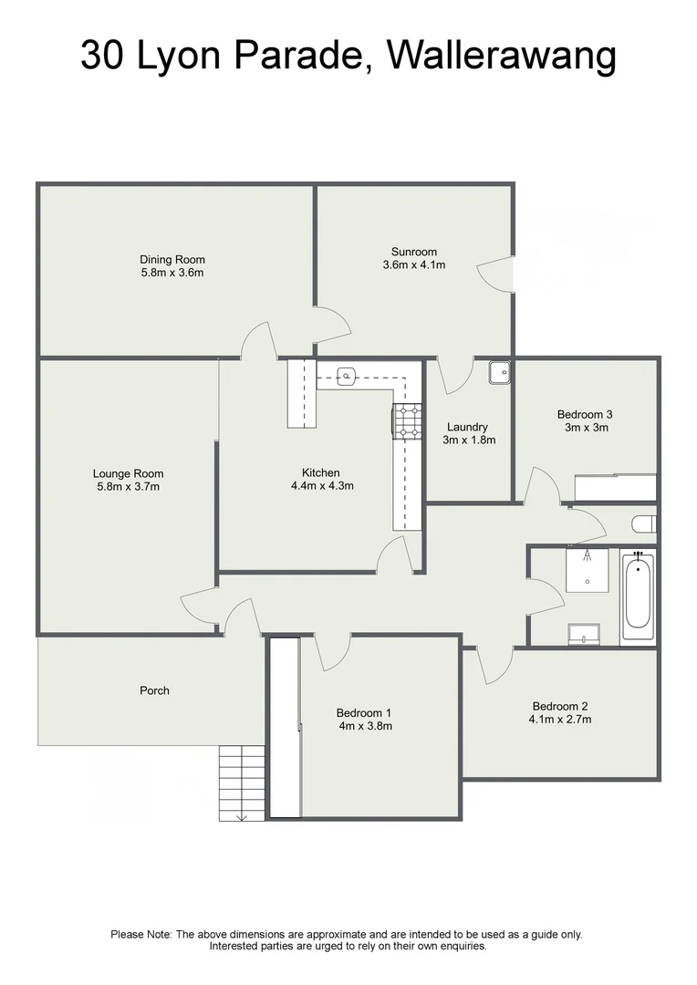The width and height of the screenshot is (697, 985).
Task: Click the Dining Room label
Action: pos(172,259)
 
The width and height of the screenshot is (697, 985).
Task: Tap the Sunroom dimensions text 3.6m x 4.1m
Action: pos(414,265)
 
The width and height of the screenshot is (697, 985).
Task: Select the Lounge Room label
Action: pos(128,473)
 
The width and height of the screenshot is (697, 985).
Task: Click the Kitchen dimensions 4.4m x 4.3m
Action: pos(321,486)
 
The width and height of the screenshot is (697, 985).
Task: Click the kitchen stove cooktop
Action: pos(408,422)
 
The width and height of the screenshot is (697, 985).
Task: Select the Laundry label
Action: pos(467,427)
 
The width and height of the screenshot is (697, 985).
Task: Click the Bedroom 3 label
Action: pos(584,414)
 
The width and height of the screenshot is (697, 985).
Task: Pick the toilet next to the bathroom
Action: pos(644,524)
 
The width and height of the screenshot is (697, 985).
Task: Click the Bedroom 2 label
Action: pos(560,706)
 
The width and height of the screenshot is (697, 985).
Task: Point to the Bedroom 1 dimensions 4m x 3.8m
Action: pos(364,727)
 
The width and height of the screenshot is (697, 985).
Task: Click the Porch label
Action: pos(154,690)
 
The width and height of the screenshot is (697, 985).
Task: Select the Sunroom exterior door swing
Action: pos(494,273)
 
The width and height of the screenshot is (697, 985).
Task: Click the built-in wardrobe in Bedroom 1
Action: pos(285,727)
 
